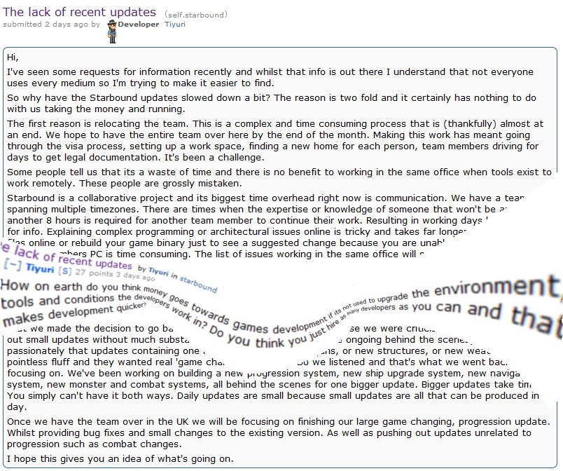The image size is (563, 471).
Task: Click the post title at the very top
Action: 80,12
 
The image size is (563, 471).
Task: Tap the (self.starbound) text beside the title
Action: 196,15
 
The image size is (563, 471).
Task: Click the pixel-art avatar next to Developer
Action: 111,32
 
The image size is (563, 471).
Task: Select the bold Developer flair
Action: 139,25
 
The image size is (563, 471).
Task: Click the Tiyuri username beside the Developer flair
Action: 175,25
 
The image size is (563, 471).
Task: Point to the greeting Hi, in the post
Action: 13,56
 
